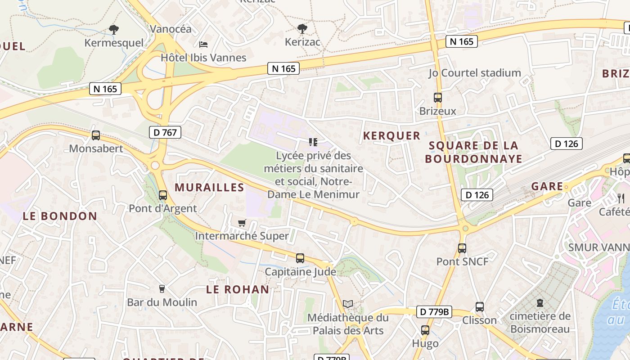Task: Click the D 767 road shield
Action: (165, 132)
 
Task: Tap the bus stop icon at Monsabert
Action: (95, 135)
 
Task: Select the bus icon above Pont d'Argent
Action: (163, 195)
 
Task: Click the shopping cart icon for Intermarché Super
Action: (242, 223)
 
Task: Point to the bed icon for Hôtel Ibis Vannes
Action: (203, 44)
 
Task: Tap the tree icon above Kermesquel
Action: (114, 30)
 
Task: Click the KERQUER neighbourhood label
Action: (391, 136)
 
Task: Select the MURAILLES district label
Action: (209, 188)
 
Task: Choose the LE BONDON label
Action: (60, 216)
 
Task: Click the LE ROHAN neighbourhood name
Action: (238, 289)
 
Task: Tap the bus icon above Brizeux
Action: (437, 97)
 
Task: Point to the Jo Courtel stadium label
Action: (474, 73)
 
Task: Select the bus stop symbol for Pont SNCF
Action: (462, 248)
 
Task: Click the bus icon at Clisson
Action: (480, 307)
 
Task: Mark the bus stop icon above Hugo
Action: (425, 330)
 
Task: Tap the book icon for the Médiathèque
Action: (347, 304)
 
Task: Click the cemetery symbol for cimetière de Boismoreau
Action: (540, 302)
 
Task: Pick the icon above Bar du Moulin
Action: (162, 288)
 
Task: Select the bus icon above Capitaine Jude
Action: (300, 258)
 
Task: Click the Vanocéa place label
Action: (171, 29)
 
